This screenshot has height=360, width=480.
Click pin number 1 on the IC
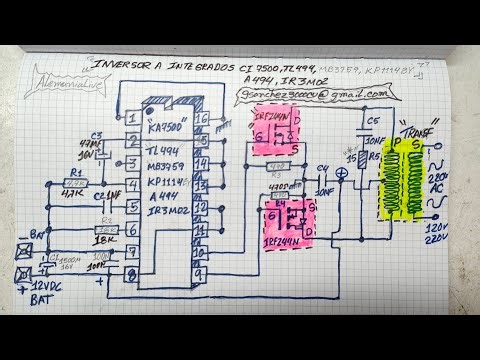132,118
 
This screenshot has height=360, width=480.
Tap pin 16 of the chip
202,118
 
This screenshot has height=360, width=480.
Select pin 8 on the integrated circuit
132,272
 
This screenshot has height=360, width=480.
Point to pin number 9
202,272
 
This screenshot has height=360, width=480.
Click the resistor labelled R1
77,183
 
